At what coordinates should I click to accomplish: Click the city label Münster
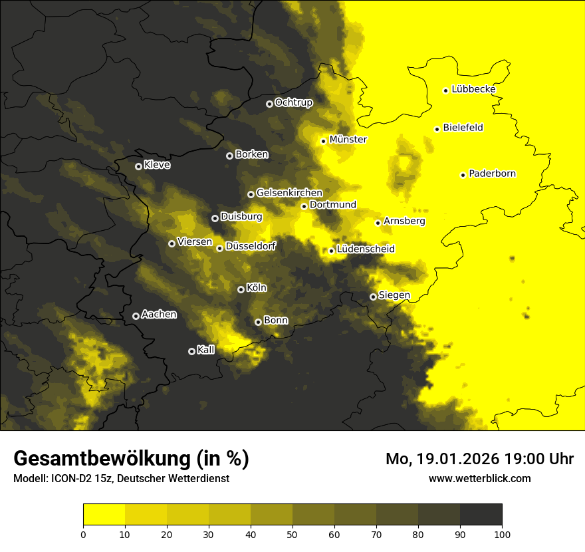[348, 140]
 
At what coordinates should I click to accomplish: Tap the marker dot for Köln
[241, 289]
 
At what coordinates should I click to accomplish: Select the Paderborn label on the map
[492, 174]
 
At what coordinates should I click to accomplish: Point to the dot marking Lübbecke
[445, 90]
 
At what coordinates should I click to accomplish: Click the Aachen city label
[159, 314]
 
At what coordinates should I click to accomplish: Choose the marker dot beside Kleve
[138, 166]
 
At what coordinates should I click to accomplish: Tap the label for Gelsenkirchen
[289, 193]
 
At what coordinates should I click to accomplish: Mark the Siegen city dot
[373, 297]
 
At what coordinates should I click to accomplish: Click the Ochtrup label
[293, 102]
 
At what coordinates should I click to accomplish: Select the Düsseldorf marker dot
[219, 248]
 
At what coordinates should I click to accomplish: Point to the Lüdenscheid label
[366, 249]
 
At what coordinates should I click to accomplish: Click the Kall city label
[206, 350]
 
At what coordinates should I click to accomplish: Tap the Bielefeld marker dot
[437, 129]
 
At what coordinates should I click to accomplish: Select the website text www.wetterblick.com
[479, 478]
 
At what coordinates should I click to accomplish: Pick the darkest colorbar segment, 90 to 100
[481, 514]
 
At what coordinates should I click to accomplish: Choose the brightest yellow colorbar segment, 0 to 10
[104, 514]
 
